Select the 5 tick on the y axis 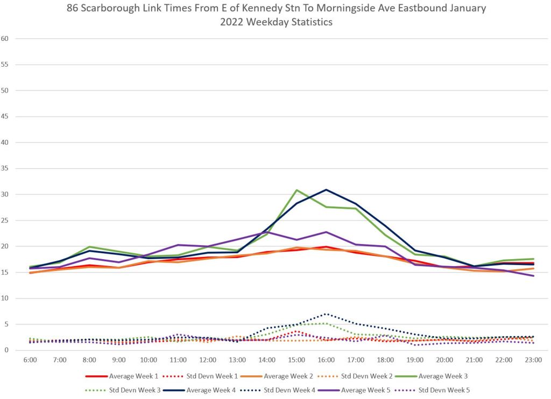(7, 324)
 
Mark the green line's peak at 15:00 (296, 190)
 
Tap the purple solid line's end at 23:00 (533, 276)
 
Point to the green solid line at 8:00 (89, 247)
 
